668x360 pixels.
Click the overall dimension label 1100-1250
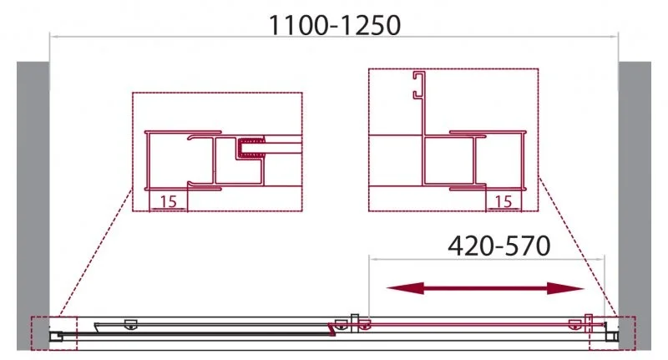pyautogui.click(x=334, y=25)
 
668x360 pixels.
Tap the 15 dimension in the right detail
pyautogui.click(x=504, y=201)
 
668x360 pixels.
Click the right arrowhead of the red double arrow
pyautogui.click(x=576, y=289)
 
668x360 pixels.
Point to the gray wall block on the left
pyautogui.click(x=33, y=200)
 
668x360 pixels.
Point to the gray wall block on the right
pyautogui.click(x=635, y=200)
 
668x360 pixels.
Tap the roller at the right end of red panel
pyautogui.click(x=574, y=325)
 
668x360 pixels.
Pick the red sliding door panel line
pyautogui.click(x=468, y=322)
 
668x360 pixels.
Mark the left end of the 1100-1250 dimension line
pyautogui.click(x=51, y=36)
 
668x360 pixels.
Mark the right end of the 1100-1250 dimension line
pyautogui.click(x=617, y=36)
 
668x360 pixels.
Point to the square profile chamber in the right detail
pyautogui.click(x=448, y=160)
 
